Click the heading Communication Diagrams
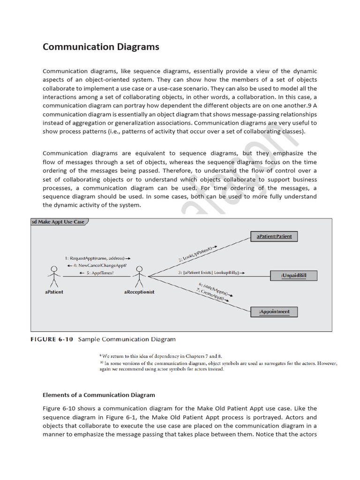(x=101, y=47)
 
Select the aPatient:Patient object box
(x=274, y=236)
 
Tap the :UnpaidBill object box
(x=293, y=276)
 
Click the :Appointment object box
(x=274, y=311)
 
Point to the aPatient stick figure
(x=54, y=277)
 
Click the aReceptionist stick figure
(x=139, y=277)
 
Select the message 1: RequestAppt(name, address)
(x=97, y=258)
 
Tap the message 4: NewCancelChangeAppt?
(x=97, y=265)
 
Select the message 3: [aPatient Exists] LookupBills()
(x=211, y=273)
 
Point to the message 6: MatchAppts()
(x=216, y=290)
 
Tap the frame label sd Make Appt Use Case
(x=58, y=222)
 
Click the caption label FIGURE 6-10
(x=52, y=339)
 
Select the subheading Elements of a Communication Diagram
(x=98, y=395)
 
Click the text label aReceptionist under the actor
(x=138, y=292)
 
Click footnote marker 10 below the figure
(x=101, y=363)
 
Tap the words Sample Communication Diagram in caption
(x=127, y=339)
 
